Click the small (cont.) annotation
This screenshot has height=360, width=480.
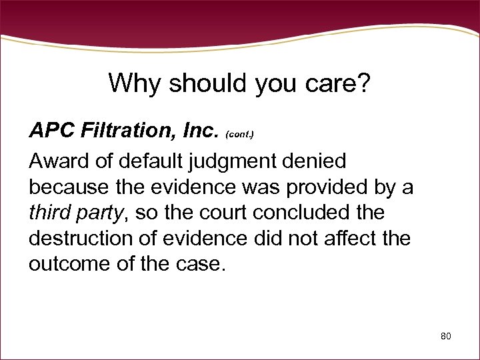click(240, 134)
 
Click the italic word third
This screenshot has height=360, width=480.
click(48, 213)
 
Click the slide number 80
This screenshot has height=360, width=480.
click(445, 336)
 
